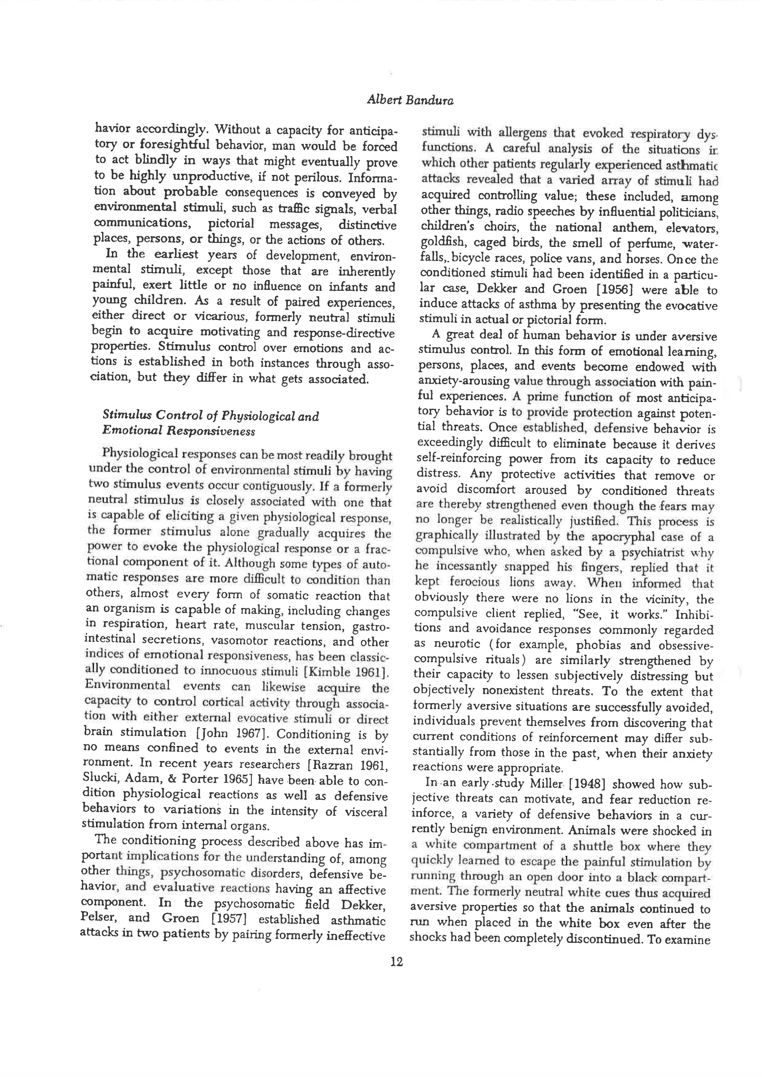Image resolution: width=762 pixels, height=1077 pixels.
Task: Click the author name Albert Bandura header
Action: (410, 100)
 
